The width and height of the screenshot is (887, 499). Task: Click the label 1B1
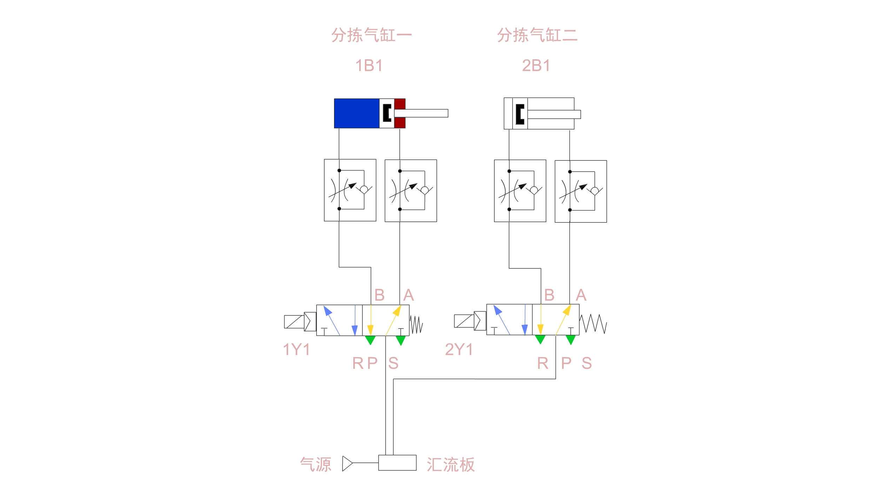pyautogui.click(x=369, y=66)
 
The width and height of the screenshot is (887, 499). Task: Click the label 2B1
pyautogui.click(x=536, y=66)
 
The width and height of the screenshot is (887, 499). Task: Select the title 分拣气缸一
pyautogui.click(x=371, y=35)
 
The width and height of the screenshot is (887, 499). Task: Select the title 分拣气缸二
pyautogui.click(x=537, y=35)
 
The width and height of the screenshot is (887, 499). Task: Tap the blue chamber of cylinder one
pyautogui.click(x=356, y=113)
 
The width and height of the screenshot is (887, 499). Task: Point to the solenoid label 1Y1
pyautogui.click(x=296, y=350)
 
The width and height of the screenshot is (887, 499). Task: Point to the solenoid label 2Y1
pyautogui.click(x=459, y=350)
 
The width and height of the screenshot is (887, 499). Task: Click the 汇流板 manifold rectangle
pyautogui.click(x=397, y=463)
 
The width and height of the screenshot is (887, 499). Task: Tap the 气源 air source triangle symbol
pyautogui.click(x=347, y=463)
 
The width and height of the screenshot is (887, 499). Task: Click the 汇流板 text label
pyautogui.click(x=451, y=465)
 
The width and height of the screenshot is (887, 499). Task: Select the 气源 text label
pyautogui.click(x=316, y=465)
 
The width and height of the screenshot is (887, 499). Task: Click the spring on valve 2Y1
pyautogui.click(x=593, y=324)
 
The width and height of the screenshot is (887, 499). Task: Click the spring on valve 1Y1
pyautogui.click(x=416, y=325)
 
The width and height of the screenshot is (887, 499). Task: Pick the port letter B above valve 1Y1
pyautogui.click(x=379, y=295)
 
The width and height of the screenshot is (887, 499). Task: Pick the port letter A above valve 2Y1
pyautogui.click(x=581, y=295)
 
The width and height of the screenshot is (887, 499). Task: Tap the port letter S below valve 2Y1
pyautogui.click(x=587, y=363)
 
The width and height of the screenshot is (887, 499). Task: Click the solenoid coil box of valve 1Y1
pyautogui.click(x=294, y=322)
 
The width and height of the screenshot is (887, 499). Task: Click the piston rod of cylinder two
pyautogui.click(x=554, y=114)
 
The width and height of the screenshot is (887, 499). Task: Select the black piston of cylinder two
pyautogui.click(x=520, y=114)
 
